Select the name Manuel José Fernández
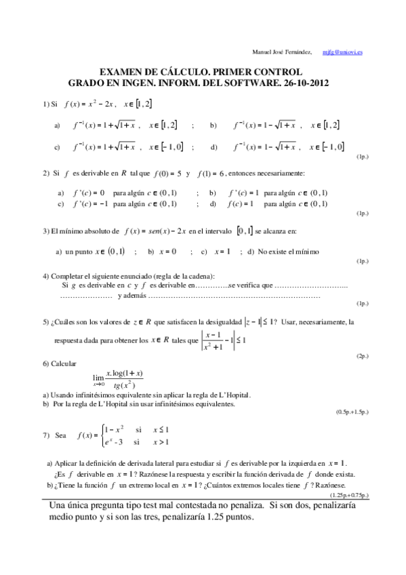pos(282,52)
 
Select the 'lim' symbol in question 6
pos(99,380)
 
